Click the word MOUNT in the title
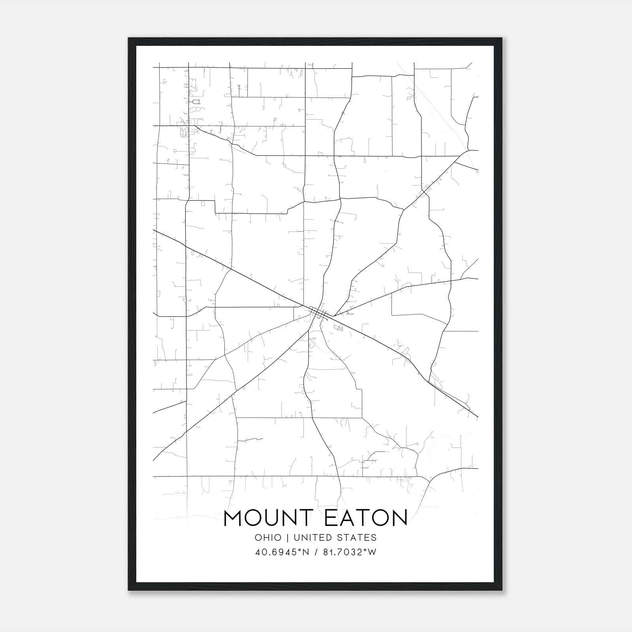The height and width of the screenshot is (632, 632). tap(268, 519)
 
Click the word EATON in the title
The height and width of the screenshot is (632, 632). tap(365, 519)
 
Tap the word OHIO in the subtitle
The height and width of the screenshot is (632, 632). tap(268, 538)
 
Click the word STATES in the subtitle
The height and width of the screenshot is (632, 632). tap(359, 538)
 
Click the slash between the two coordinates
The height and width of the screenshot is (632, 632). tap(316, 552)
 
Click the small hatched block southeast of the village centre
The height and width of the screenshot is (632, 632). tap(339, 327)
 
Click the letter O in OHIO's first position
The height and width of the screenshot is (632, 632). tap(258, 538)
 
